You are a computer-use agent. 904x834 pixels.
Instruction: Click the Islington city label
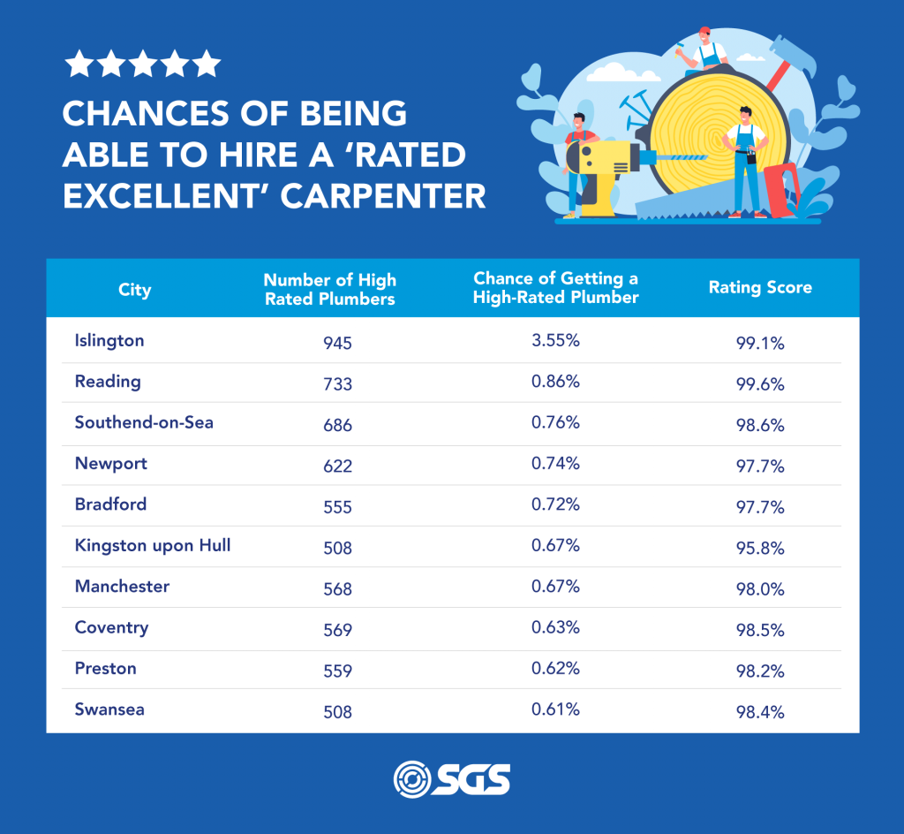pyautogui.click(x=109, y=340)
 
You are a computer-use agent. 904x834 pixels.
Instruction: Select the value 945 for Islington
pyautogui.click(x=337, y=343)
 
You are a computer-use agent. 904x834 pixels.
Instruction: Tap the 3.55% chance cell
pyautogui.click(x=555, y=340)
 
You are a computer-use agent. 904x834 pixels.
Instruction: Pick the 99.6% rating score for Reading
pyautogui.click(x=760, y=384)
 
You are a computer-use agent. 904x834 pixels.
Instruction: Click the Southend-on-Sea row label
pyautogui.click(x=144, y=422)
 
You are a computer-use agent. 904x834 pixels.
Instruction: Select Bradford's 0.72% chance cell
pyautogui.click(x=555, y=504)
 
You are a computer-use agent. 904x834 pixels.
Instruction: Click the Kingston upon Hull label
pyautogui.click(x=153, y=545)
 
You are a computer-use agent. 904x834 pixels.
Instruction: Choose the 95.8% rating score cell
pyautogui.click(x=760, y=548)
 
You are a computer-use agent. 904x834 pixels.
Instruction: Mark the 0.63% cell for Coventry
pyautogui.click(x=555, y=627)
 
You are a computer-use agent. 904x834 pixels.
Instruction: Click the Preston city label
pyautogui.click(x=106, y=669)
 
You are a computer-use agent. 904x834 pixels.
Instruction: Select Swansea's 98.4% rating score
pyautogui.click(x=760, y=712)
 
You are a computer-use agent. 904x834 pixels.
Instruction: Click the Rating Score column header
pyautogui.click(x=760, y=288)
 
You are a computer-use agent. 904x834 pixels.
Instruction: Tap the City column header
pyautogui.click(x=134, y=290)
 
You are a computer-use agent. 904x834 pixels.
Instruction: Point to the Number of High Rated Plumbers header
pyautogui.click(x=329, y=289)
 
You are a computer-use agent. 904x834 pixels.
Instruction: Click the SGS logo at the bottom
pyautogui.click(x=451, y=779)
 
